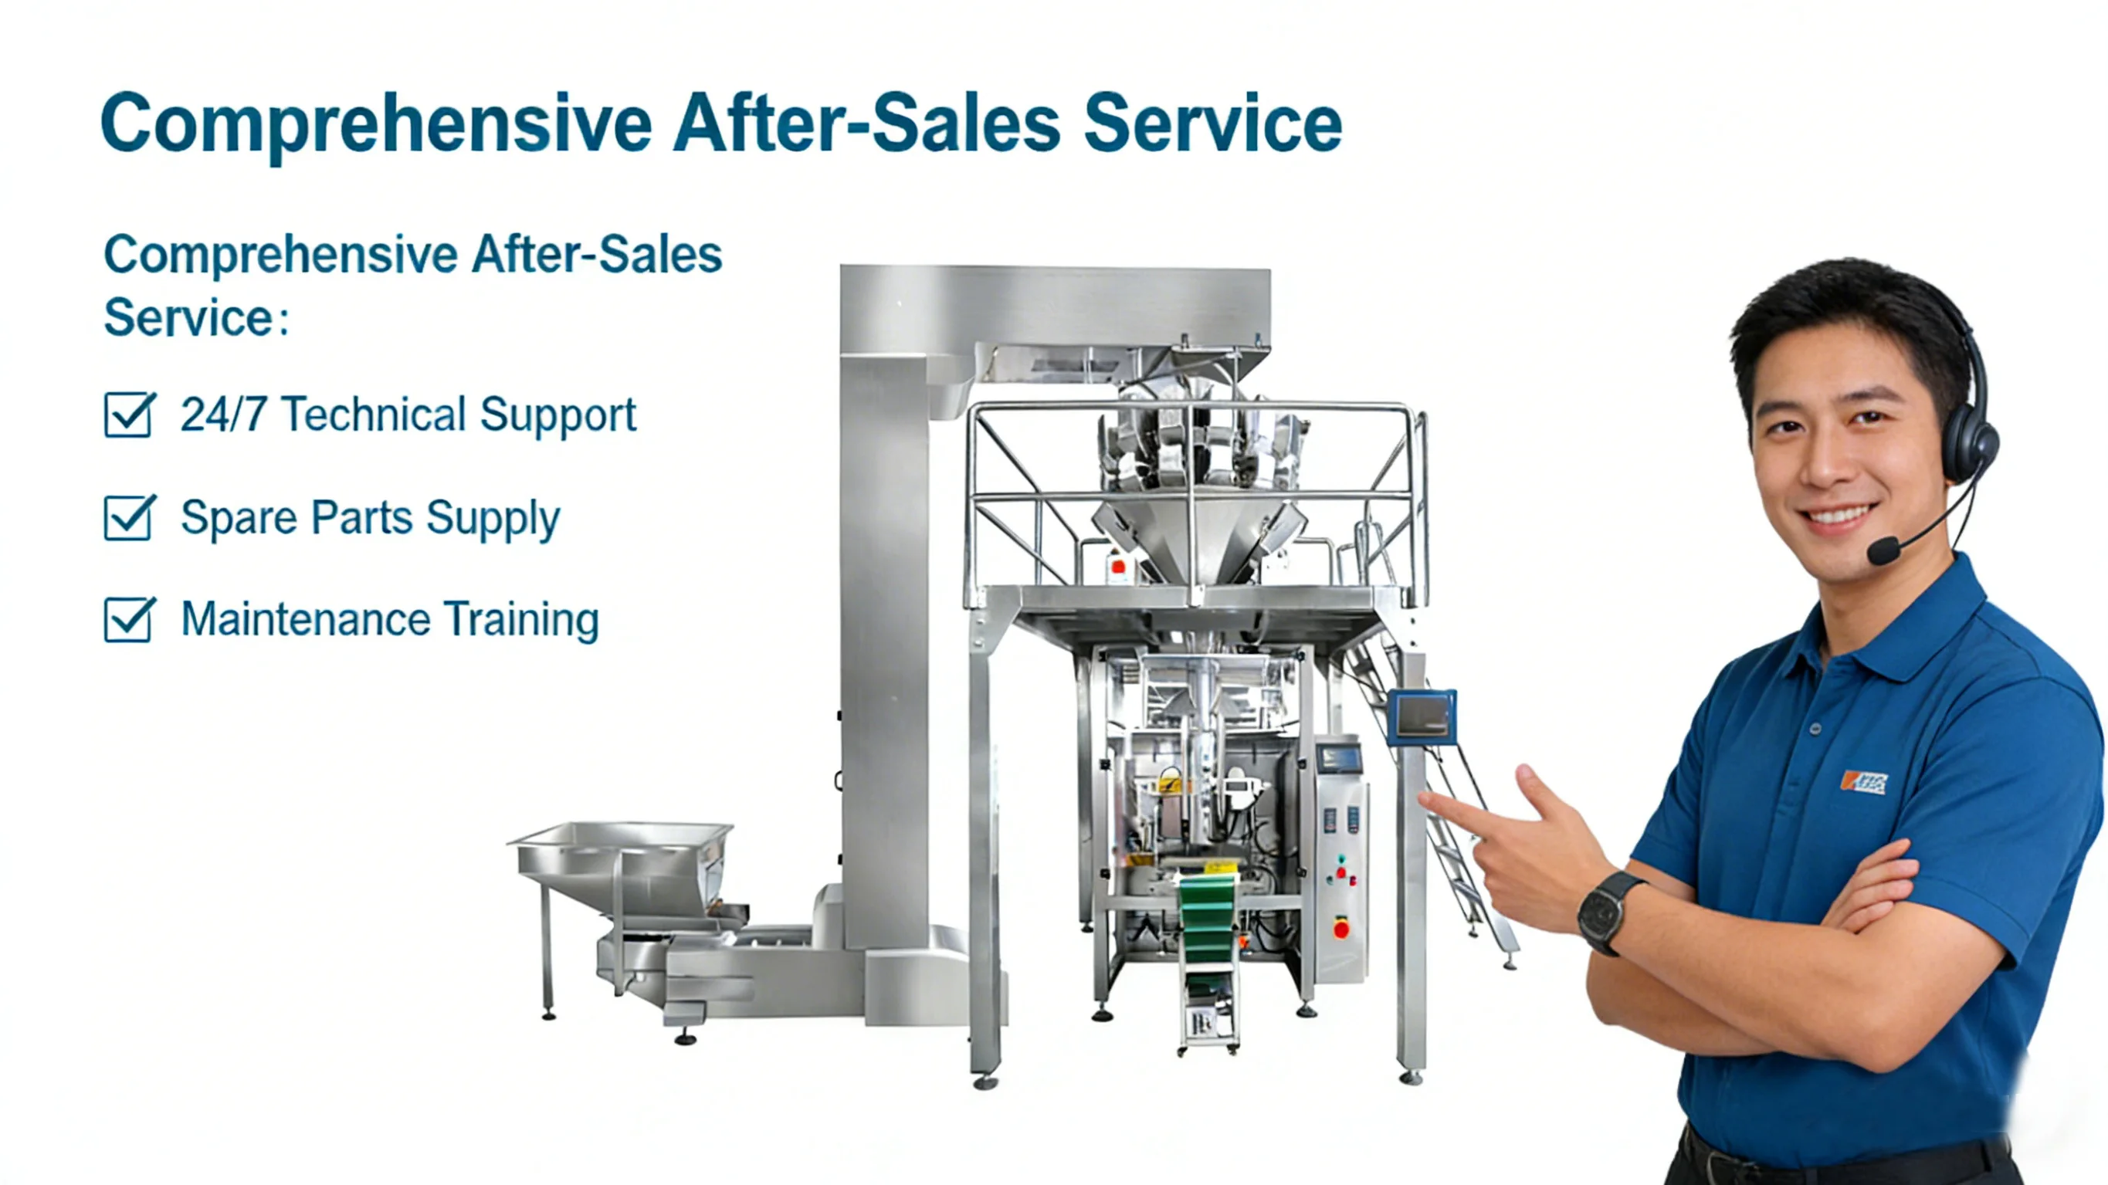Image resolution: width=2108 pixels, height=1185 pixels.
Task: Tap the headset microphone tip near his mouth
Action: click(x=1884, y=550)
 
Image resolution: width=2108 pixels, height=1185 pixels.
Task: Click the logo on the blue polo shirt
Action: click(x=1863, y=782)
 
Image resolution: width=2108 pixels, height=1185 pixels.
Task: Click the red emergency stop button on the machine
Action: click(x=1341, y=929)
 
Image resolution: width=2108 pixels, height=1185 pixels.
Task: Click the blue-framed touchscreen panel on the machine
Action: click(x=1422, y=717)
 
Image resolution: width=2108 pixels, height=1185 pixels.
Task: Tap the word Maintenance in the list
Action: click(x=305, y=619)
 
